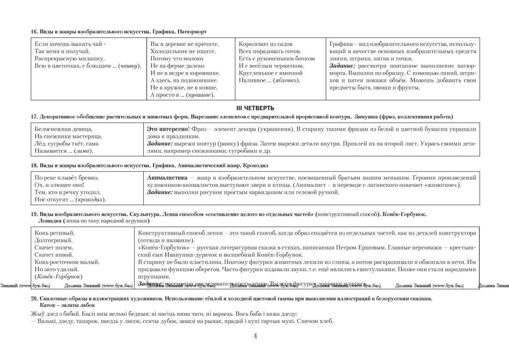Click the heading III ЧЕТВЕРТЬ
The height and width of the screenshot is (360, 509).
coord(255,107)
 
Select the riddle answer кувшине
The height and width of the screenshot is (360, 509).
coord(202,95)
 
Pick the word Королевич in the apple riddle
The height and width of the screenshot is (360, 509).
coord(253,44)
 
